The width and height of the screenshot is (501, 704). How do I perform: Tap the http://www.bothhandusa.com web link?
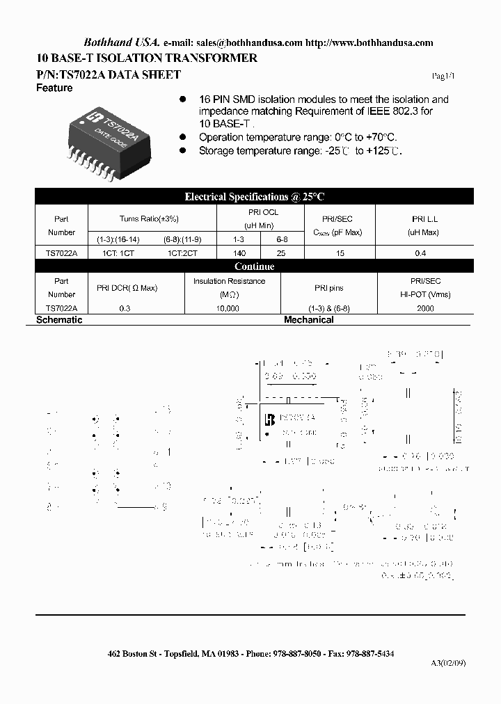(369, 42)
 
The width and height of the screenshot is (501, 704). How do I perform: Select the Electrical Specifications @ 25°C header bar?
(254, 197)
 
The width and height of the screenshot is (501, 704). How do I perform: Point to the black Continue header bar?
(254, 266)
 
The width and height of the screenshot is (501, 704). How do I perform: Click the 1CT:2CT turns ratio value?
(182, 254)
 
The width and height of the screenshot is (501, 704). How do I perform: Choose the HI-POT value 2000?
(425, 308)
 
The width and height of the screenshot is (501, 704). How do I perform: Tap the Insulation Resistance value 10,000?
(228, 308)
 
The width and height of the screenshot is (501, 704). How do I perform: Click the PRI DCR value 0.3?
(125, 308)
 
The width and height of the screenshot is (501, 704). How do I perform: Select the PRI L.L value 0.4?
(420, 254)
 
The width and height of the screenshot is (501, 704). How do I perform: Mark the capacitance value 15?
(340, 254)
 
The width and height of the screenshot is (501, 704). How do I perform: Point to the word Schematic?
(59, 320)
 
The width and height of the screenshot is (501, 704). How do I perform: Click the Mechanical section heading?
(308, 320)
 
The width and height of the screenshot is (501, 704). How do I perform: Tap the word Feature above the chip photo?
(54, 88)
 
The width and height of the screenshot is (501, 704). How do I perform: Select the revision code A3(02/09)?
(448, 663)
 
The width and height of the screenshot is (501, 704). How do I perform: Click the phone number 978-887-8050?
(301, 654)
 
